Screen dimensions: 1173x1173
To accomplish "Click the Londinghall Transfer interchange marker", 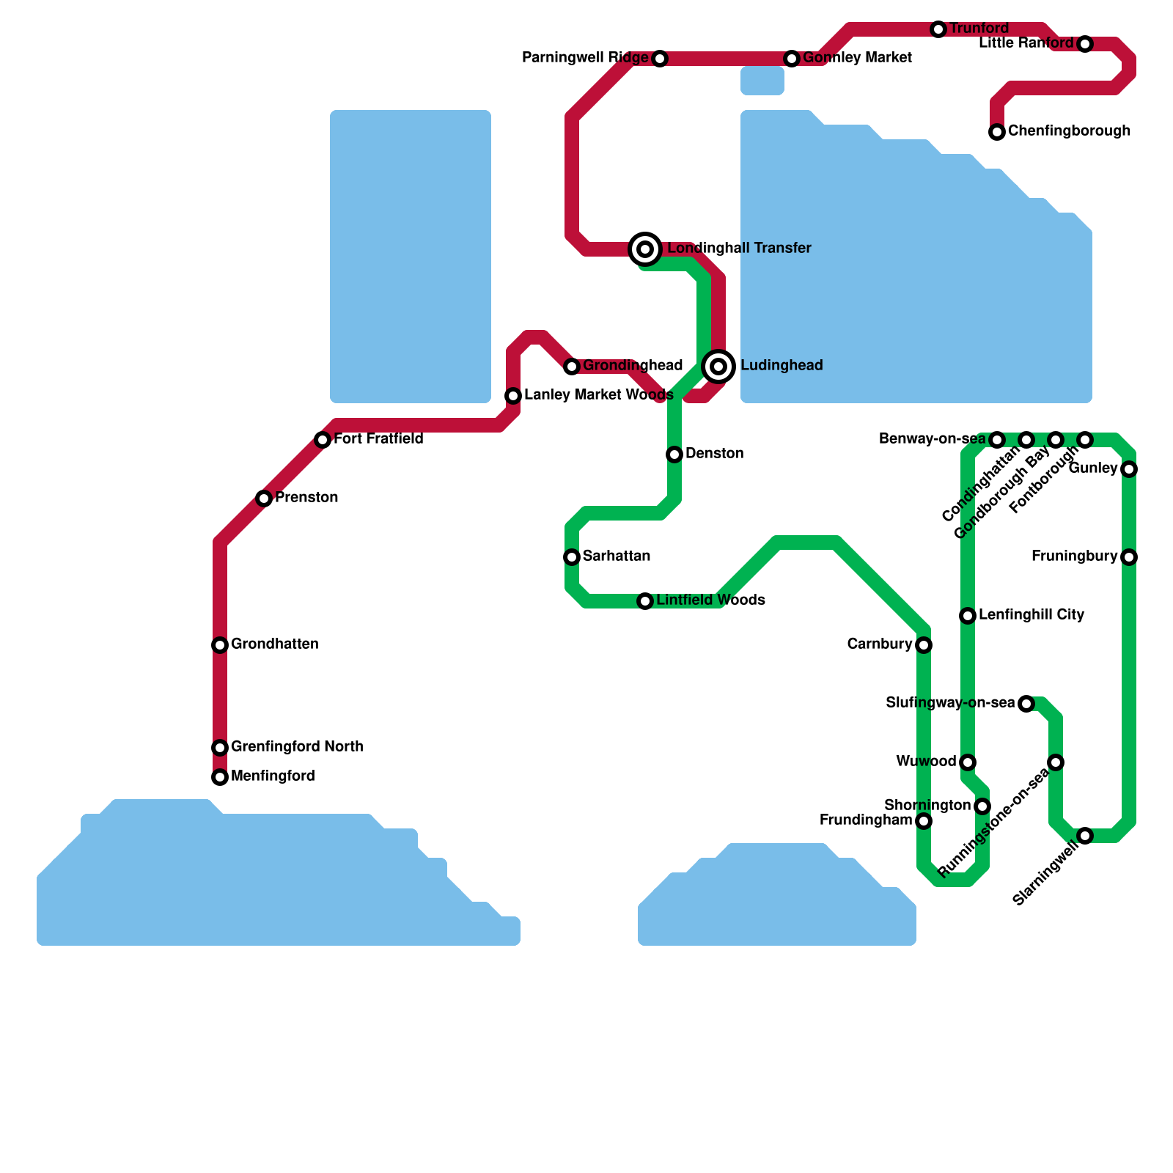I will (645, 249).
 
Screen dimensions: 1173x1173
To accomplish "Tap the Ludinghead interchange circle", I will (718, 366).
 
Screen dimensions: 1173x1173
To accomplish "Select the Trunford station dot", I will (938, 29).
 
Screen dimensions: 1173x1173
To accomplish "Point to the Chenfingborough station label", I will (1069, 131).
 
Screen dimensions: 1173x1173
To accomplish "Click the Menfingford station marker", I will (220, 777).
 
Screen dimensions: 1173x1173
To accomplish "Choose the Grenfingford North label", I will (297, 747).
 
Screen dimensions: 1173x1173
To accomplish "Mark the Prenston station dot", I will (264, 499).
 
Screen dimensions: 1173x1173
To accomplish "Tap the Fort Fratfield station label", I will (378, 439).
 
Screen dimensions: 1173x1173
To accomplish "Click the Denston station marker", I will (674, 455).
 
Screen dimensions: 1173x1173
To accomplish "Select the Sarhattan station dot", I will (572, 557).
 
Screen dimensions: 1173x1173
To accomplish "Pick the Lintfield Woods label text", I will (710, 600).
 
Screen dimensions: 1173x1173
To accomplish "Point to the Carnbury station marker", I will (924, 645).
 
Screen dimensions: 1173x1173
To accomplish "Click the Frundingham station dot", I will (924, 821).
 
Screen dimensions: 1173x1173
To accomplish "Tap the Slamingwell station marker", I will (1085, 836).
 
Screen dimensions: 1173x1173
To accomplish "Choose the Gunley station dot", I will (1129, 469).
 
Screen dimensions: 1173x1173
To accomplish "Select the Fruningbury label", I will (1074, 556).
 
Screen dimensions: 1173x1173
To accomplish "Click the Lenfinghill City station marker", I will (968, 616).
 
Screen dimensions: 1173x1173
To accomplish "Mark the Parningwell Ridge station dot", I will (660, 59).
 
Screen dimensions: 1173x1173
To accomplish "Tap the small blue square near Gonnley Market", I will (762, 81).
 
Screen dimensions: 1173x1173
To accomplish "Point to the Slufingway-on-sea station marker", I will (1026, 704).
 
